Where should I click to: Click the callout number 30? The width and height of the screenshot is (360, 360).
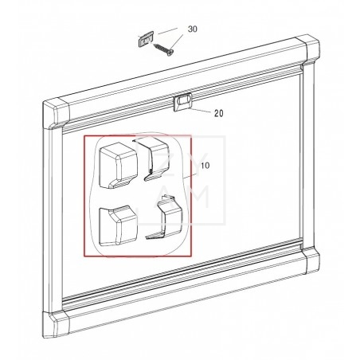(193, 29)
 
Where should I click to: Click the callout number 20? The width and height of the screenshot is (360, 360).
(219, 113)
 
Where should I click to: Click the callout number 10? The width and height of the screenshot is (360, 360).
(205, 166)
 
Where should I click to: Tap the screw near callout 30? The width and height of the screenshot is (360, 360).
(163, 49)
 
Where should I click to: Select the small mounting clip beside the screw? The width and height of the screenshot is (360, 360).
(146, 39)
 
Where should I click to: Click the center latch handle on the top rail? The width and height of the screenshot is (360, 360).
(182, 102)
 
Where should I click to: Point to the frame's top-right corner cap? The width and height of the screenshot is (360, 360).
(309, 49)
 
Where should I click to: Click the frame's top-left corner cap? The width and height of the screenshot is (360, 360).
(57, 114)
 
